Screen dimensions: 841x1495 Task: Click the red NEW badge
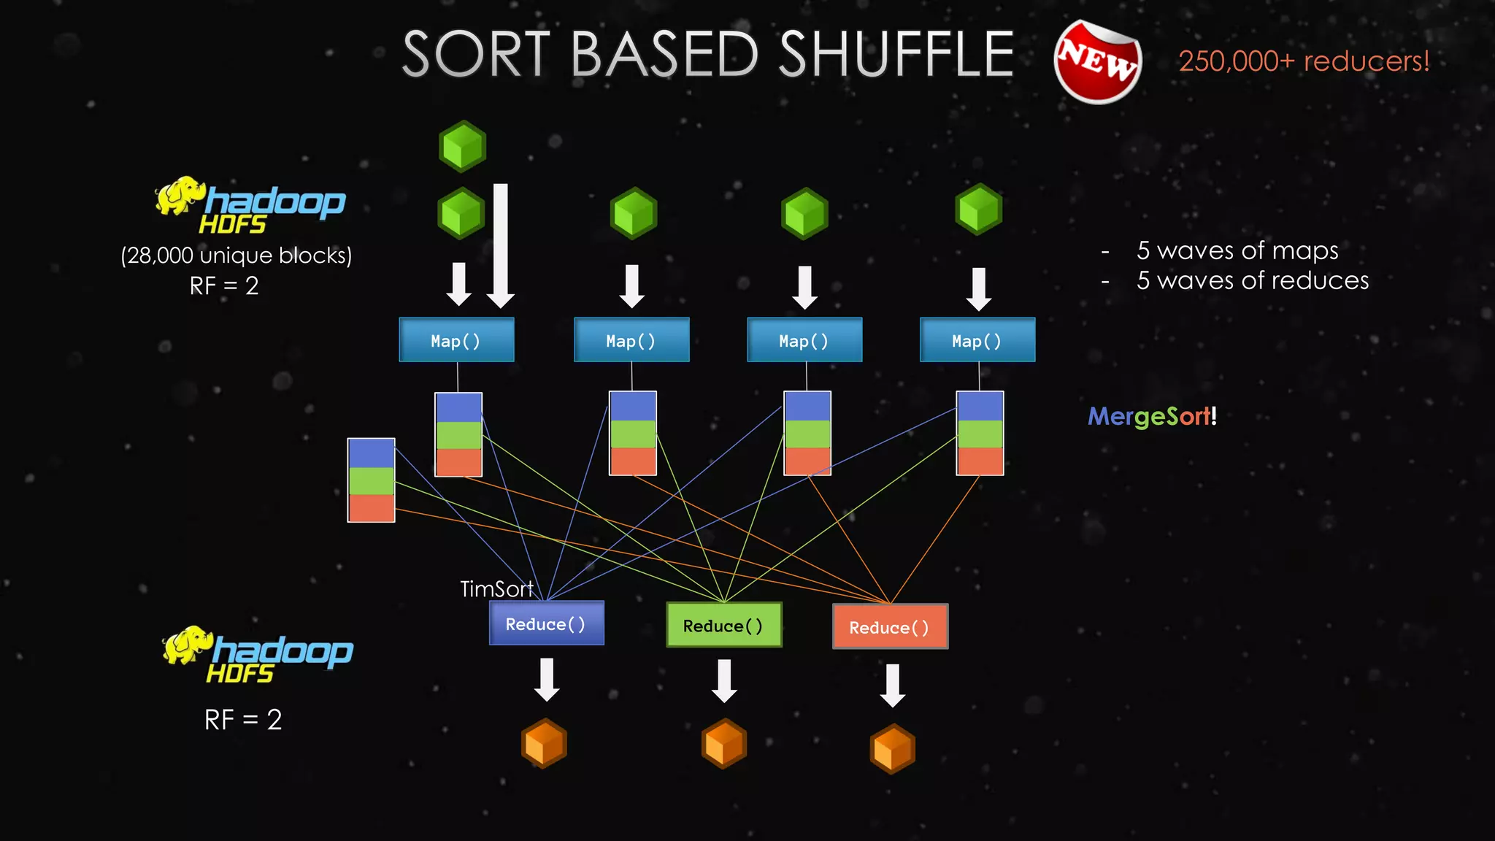pos(1097,62)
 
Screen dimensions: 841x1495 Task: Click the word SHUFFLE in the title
pos(896,54)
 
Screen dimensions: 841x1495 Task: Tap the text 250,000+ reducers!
pos(1304,61)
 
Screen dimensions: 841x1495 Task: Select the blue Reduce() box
pos(546,623)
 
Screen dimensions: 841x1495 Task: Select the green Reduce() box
pos(723,625)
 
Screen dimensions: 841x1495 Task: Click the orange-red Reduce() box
pos(890,626)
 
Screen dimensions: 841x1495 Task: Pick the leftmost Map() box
pos(456,340)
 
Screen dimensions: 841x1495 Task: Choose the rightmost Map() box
pos(977,340)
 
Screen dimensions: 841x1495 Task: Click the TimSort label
pos(496,588)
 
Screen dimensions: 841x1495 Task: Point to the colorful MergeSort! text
pos(1152,416)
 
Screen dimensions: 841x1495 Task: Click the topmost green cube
pos(462,146)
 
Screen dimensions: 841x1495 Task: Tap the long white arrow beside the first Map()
pos(501,245)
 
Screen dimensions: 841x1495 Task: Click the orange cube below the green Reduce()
pos(723,743)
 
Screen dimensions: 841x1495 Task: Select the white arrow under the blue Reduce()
pos(547,679)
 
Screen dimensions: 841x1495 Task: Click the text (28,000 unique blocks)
pos(236,256)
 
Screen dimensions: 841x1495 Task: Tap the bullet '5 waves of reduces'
pos(1251,280)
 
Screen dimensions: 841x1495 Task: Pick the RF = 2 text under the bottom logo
pos(242,720)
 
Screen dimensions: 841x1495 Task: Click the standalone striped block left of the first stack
pos(371,480)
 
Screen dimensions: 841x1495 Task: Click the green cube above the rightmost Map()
pos(978,210)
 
